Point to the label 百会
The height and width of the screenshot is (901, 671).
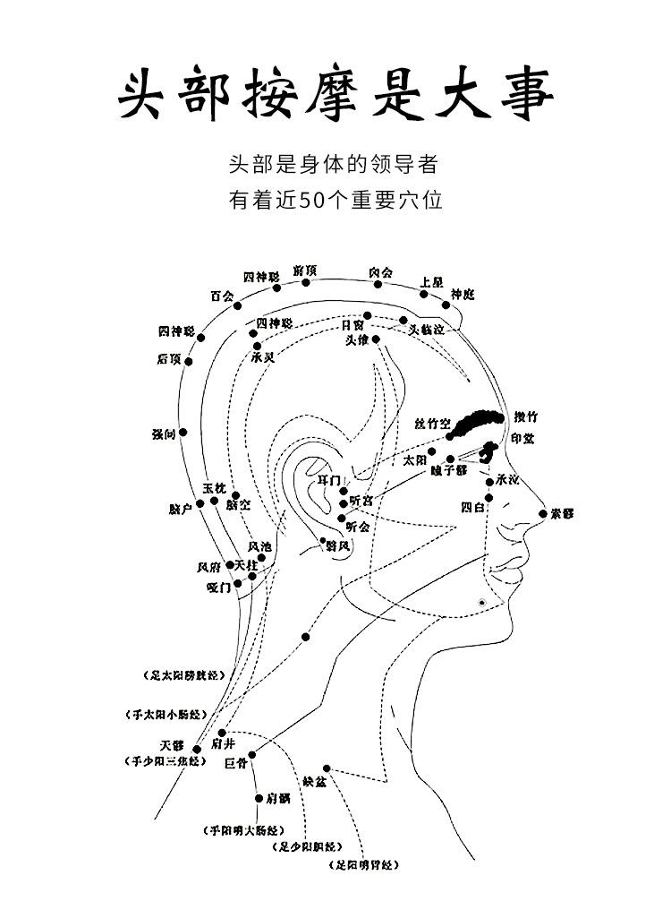221,295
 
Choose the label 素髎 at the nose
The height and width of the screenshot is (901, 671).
562,513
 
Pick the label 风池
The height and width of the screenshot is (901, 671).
259,545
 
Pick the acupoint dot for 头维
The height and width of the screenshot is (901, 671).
377,339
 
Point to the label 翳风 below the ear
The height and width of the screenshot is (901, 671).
337,545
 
